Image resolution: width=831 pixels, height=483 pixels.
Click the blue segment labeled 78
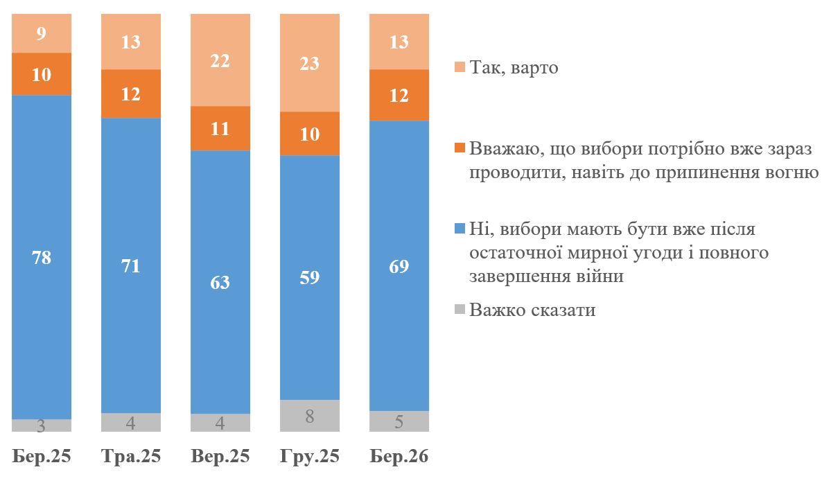tap(42, 257)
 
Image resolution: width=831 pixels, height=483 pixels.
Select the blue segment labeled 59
tap(310, 277)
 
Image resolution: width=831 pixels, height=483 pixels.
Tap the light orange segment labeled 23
tap(310, 63)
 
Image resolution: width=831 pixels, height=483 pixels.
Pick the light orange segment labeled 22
tap(220, 60)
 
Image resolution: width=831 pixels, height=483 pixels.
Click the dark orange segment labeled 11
tap(220, 128)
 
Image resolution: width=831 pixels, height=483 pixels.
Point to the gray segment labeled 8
tap(310, 416)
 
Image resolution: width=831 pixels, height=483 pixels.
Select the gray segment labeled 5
tap(399, 421)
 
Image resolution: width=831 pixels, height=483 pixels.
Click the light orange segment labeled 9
tap(42, 33)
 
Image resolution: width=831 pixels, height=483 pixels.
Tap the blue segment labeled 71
tap(131, 265)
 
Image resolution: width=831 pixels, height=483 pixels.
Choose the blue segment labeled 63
tap(220, 282)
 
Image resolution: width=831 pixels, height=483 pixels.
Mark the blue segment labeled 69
tap(399, 266)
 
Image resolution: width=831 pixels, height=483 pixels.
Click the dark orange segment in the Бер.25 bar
tap(42, 74)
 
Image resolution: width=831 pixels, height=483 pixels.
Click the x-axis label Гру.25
tap(310, 457)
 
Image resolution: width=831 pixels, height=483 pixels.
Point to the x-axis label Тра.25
tap(131, 457)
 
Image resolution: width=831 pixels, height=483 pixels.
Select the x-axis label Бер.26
tap(399, 457)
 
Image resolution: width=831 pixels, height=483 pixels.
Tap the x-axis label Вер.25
tap(220, 457)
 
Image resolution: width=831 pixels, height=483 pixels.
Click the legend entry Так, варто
tap(514, 68)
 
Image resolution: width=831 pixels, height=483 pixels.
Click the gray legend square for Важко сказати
tap(460, 309)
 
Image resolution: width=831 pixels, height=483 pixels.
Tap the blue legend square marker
tap(460, 229)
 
